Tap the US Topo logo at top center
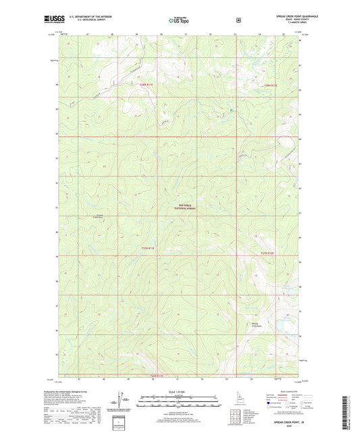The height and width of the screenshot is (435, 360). (x=179, y=20)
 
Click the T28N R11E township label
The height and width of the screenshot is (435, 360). (x=147, y=84)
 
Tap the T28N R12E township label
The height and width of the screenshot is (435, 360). (x=271, y=85)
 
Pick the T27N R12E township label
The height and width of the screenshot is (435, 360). (x=268, y=253)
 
